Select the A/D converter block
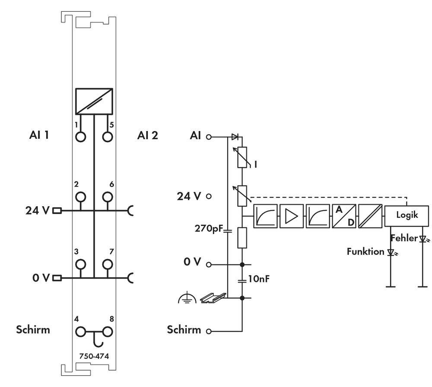(x=344, y=216)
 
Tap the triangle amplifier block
(x=291, y=216)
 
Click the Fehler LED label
(x=404, y=238)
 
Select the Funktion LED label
(x=365, y=251)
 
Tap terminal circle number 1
(x=80, y=137)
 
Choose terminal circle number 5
(x=107, y=137)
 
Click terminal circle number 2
(x=80, y=198)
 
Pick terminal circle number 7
(x=107, y=264)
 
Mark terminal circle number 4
(x=80, y=332)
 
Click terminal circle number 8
(x=107, y=332)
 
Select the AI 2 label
(x=147, y=136)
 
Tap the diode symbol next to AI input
(x=235, y=137)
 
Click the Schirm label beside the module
(x=33, y=329)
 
